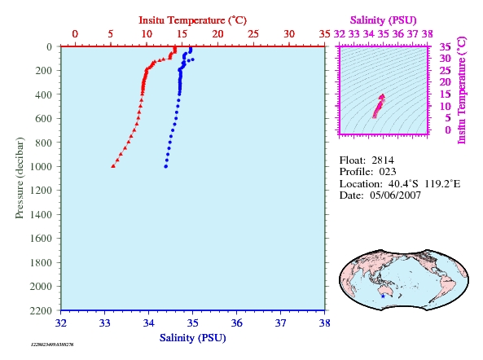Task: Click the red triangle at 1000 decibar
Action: tap(113, 166)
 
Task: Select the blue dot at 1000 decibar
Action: tap(165, 167)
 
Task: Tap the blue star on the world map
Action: tap(383, 296)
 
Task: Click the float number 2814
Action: tap(383, 160)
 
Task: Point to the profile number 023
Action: tap(388, 172)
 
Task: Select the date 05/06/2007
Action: tap(395, 195)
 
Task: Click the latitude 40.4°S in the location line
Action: tap(403, 184)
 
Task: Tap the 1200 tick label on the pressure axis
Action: tap(41, 191)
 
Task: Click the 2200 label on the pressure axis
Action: tap(41, 310)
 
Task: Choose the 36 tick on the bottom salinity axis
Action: tap(236, 323)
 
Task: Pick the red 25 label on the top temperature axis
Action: tap(253, 33)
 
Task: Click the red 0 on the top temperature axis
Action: tap(75, 33)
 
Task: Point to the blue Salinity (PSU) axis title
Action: tap(192, 338)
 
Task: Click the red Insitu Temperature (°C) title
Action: tap(192, 20)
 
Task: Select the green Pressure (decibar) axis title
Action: tap(20, 178)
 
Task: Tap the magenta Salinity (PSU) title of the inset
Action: tap(383, 20)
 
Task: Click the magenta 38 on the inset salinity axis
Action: tap(428, 33)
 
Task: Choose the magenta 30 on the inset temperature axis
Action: tap(445, 58)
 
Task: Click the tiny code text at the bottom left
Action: tap(52, 345)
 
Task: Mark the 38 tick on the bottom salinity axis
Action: tap(325, 323)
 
